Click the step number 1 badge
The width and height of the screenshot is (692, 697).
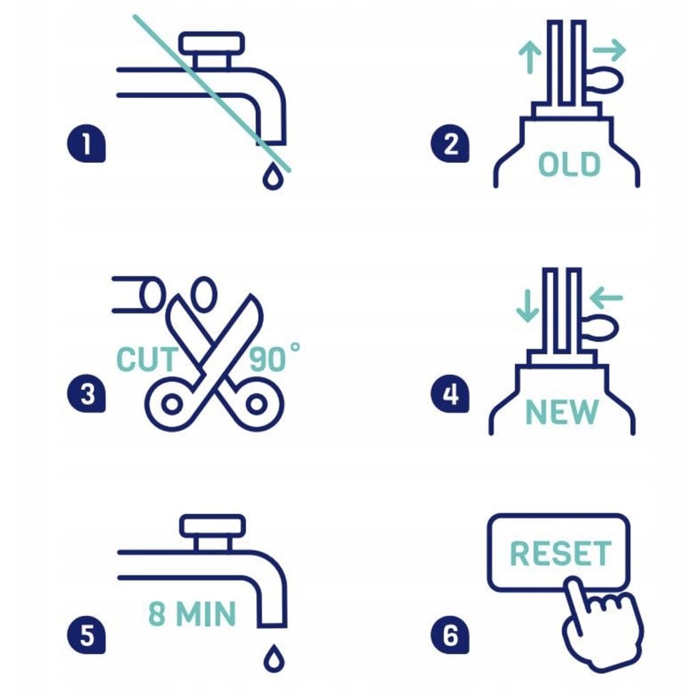(x=86, y=143)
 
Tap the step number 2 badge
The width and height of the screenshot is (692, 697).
(x=450, y=143)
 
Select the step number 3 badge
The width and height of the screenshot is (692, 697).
(x=86, y=393)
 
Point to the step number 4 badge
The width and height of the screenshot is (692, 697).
(x=450, y=393)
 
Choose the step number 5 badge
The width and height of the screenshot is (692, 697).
(x=86, y=635)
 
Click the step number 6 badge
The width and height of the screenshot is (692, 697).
(x=450, y=635)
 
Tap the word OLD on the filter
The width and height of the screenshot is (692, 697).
(x=569, y=164)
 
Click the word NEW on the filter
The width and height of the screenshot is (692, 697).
(x=561, y=412)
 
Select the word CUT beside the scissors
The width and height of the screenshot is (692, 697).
(x=146, y=359)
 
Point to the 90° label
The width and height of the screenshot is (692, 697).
(x=274, y=358)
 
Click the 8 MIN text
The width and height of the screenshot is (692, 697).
(x=191, y=614)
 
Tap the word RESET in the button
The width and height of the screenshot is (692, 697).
(x=561, y=553)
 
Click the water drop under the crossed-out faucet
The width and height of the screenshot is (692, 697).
(x=272, y=176)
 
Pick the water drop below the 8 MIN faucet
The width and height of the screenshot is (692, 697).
(x=274, y=658)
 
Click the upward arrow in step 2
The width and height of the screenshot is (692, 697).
(x=530, y=57)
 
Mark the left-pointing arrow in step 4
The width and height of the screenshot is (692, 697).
(x=605, y=297)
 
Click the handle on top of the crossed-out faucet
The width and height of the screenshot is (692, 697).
(x=212, y=44)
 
